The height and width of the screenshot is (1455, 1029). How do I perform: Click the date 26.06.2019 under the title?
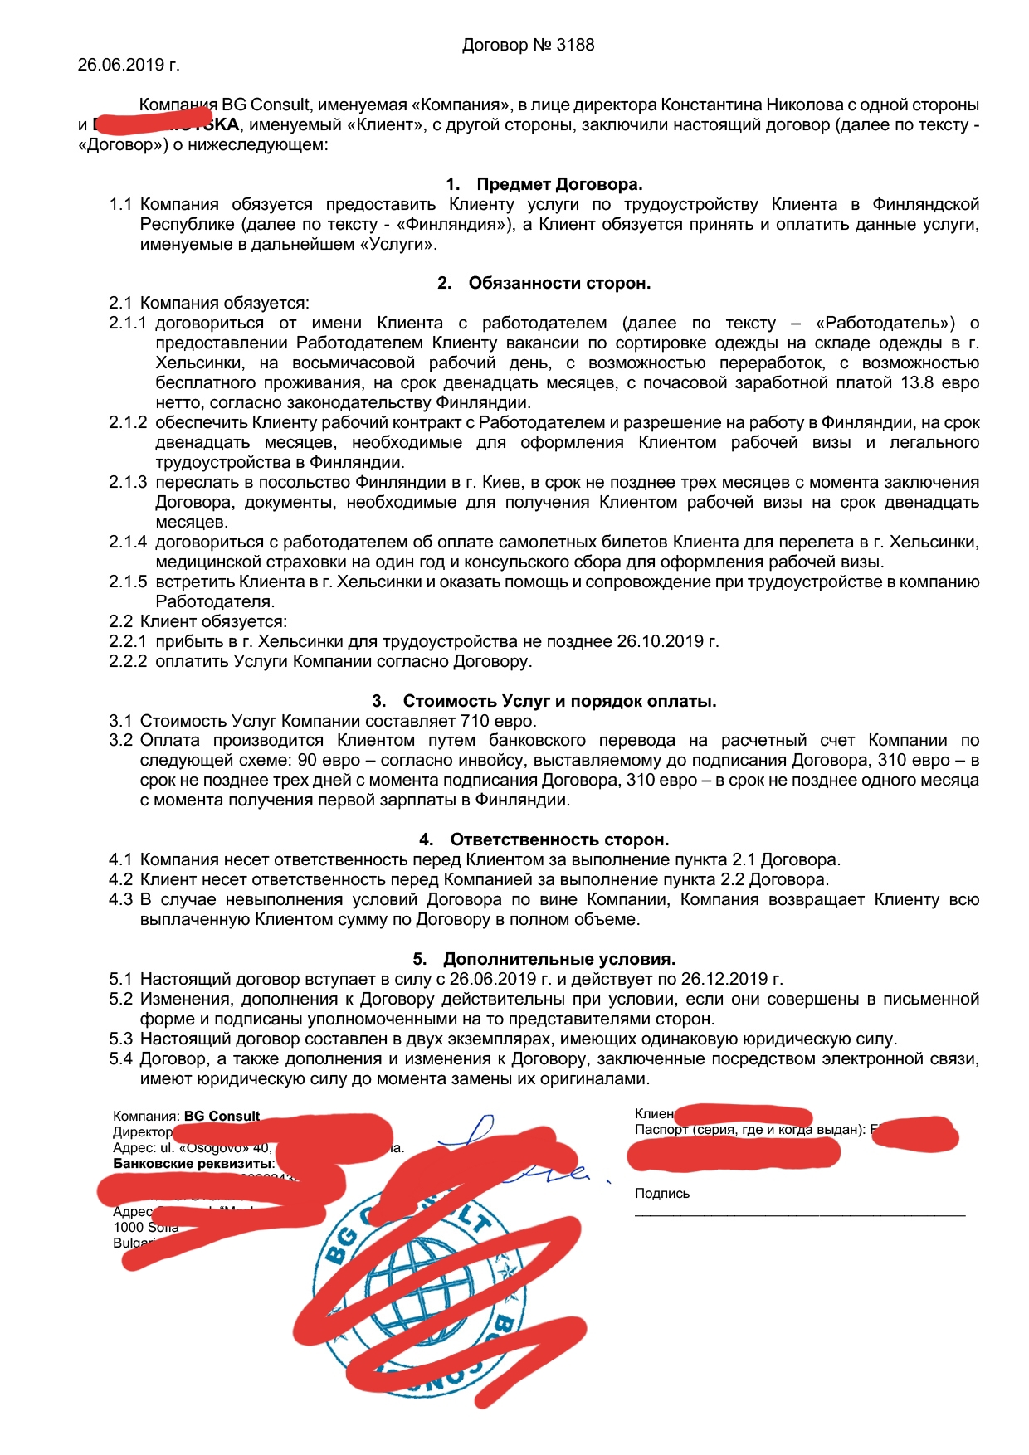[x=120, y=65]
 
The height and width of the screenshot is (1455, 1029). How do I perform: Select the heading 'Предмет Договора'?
[x=558, y=184]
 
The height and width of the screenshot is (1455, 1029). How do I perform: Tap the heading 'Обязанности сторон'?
[x=558, y=284]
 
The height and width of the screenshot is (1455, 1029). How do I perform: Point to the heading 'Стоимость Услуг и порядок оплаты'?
[x=558, y=701]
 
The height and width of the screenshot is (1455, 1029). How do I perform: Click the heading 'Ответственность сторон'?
[x=558, y=839]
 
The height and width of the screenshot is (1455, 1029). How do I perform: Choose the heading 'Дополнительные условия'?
[x=558, y=959]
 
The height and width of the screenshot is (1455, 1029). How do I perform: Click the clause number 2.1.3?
[x=128, y=483]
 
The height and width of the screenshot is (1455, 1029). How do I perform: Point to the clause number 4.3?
[x=120, y=900]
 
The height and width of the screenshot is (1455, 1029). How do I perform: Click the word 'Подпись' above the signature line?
[x=661, y=1194]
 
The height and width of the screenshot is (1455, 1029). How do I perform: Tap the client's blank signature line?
[x=799, y=1214]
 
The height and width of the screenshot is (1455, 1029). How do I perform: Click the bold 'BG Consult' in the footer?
[x=222, y=1117]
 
